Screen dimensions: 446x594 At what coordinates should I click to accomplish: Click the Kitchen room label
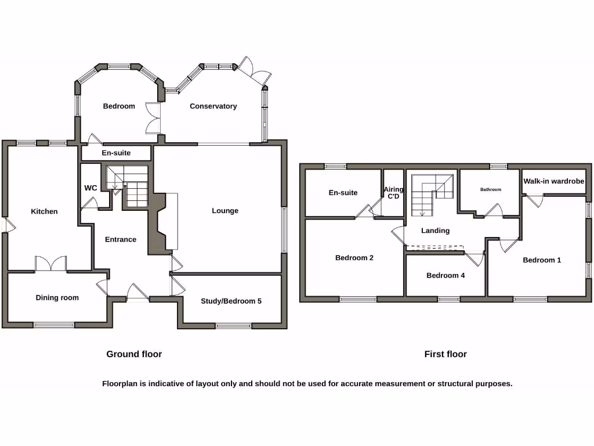click(44, 211)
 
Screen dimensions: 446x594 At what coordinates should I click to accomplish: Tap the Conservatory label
click(213, 106)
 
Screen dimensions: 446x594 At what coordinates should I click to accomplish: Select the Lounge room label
click(225, 211)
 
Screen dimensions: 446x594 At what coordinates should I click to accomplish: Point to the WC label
click(90, 188)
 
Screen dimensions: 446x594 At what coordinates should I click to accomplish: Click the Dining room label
click(57, 298)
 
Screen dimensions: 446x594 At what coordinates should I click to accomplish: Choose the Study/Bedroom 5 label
click(231, 301)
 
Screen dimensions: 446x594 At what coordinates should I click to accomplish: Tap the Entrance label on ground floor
click(121, 239)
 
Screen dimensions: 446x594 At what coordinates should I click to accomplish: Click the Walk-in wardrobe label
click(553, 181)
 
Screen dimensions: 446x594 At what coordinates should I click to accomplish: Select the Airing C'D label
click(393, 193)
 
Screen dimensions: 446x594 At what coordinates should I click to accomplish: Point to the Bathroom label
click(490, 189)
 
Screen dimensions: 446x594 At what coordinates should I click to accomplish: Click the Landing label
click(435, 231)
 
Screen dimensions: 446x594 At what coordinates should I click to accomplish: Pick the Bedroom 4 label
click(445, 275)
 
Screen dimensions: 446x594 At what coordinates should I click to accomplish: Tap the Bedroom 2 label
click(354, 258)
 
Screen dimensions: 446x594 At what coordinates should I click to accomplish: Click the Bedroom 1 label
click(542, 260)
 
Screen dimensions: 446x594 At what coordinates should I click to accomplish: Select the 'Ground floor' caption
click(134, 354)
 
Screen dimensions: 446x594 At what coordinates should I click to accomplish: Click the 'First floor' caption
click(445, 354)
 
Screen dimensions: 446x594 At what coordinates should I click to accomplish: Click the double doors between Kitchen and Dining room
click(51, 264)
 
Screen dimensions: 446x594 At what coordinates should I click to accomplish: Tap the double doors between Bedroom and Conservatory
click(153, 118)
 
